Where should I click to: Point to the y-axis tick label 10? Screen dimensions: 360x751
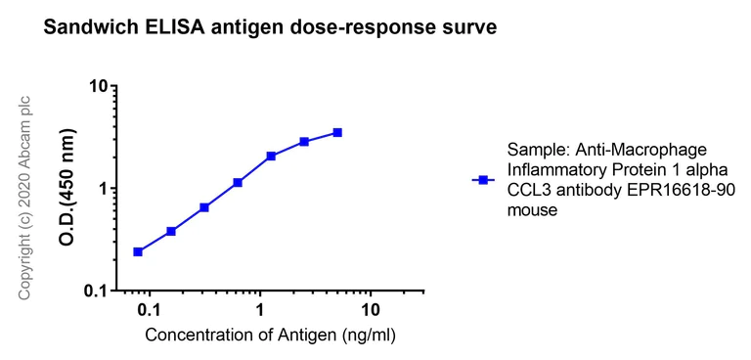click(96, 86)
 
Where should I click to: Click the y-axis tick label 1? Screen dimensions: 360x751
click(101, 189)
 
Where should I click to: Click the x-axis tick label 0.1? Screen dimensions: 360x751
click(149, 310)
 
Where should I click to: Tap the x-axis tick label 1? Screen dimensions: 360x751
click(260, 310)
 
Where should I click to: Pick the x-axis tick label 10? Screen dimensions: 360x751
click(371, 310)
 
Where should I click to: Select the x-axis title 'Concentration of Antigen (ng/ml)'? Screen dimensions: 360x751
click(271, 336)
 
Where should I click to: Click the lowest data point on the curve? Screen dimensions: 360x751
click(138, 251)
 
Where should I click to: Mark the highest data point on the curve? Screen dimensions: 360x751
click(337, 132)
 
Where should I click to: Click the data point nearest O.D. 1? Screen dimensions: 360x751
click(238, 182)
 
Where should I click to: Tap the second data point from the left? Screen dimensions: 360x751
click(171, 231)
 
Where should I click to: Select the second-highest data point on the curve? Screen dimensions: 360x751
click(304, 142)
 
